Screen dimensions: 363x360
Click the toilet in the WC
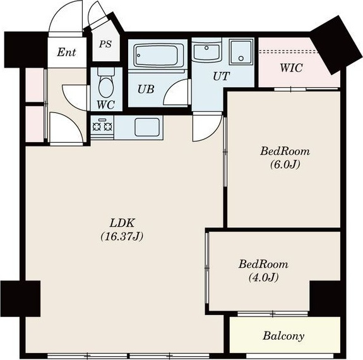(x=106, y=83)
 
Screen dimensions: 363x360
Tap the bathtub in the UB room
(x=157, y=56)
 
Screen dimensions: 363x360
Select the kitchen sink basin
(x=147, y=127)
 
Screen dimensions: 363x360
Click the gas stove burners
(x=102, y=126)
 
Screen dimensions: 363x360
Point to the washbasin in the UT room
(x=206, y=52)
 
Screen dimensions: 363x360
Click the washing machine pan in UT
(x=241, y=52)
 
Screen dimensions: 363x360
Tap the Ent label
(x=66, y=52)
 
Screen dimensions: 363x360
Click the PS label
(x=105, y=44)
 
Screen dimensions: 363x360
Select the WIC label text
(x=291, y=68)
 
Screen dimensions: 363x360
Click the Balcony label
(x=283, y=336)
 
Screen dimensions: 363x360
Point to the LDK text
(x=122, y=223)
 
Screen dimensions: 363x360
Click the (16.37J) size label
(x=122, y=236)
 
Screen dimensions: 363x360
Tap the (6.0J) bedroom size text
(x=285, y=164)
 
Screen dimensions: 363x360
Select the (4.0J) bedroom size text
(x=263, y=277)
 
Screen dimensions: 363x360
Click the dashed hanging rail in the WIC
(x=289, y=51)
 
